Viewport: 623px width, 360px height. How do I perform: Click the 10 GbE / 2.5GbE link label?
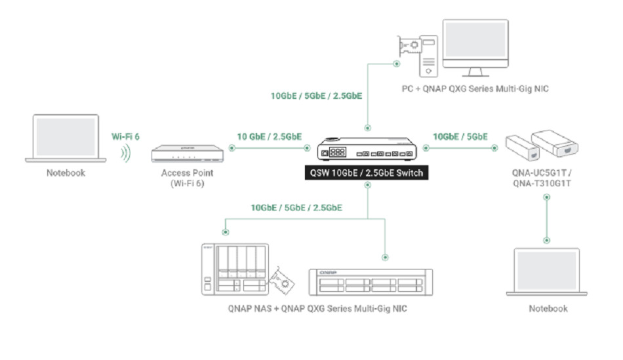tap(269, 136)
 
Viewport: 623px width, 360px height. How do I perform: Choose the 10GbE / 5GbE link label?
tap(460, 136)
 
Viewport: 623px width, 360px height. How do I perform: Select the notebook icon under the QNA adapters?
tap(548, 272)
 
